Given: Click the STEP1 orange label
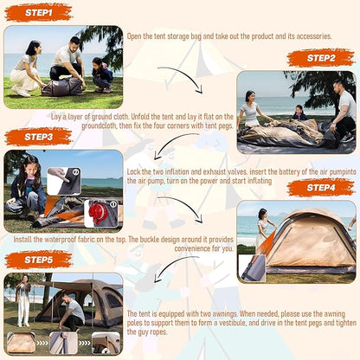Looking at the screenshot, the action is [38, 13].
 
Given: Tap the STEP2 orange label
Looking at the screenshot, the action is [321, 58].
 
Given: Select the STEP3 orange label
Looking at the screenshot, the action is [38, 137].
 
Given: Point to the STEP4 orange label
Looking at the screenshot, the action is [321, 188].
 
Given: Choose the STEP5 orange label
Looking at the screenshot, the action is [38, 260].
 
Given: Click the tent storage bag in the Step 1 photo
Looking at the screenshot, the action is [62, 87].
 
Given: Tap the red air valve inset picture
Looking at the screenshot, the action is [101, 214].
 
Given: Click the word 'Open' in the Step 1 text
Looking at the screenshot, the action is [134, 36].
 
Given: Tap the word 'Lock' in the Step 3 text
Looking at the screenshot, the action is [133, 171].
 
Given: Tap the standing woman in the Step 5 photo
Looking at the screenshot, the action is [23, 300].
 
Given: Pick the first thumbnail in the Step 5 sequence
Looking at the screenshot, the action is [21, 343].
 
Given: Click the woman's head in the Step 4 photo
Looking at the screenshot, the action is [262, 214].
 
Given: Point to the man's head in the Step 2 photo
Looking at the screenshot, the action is [337, 86].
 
